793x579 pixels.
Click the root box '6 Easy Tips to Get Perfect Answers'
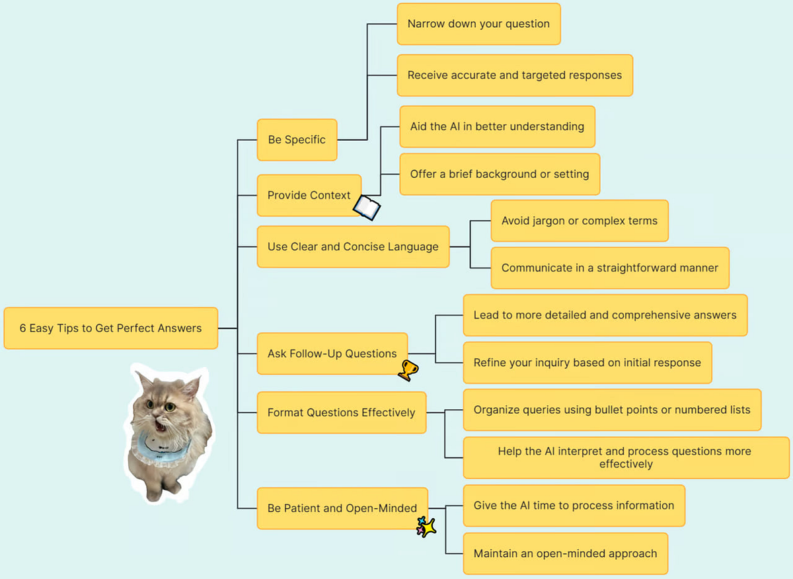coord(110,328)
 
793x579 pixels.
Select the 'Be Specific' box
coord(297,139)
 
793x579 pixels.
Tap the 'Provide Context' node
coord(309,195)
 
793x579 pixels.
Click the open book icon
coord(367,208)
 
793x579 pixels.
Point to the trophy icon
coord(408,370)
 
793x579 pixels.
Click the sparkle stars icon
coord(426,527)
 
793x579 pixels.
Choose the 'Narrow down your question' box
coord(478,24)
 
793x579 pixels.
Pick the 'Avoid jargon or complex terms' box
coord(580,221)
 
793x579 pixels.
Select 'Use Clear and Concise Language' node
coord(353,247)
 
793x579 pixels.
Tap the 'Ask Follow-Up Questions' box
coord(332,354)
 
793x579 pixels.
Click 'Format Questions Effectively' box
coord(341,412)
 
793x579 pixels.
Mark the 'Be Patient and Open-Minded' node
coord(342,508)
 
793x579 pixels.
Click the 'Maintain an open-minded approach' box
coord(565,553)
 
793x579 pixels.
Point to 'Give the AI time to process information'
coord(574,506)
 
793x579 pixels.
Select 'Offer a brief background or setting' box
coord(500,174)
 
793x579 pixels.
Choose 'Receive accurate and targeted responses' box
coord(515,75)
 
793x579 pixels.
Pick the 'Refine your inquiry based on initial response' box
coord(587,363)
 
